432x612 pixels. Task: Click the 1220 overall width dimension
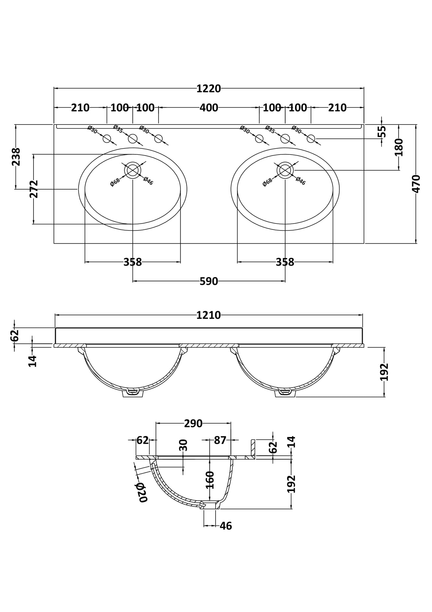tap(208, 89)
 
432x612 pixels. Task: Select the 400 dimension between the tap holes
tap(209, 107)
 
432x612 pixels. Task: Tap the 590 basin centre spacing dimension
tap(209, 281)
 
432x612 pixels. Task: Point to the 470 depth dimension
tap(416, 184)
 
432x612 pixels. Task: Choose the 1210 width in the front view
tap(208, 315)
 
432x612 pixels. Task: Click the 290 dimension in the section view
tap(193, 423)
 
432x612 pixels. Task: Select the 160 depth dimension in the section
tap(210, 480)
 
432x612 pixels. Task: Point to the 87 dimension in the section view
tap(220, 440)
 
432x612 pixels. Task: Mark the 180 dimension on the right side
tap(399, 147)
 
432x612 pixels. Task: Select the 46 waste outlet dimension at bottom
tap(226, 526)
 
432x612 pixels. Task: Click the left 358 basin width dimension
tap(132, 262)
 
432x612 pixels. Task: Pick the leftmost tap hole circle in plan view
tap(107, 139)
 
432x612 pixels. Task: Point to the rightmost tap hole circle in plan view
tap(311, 139)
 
